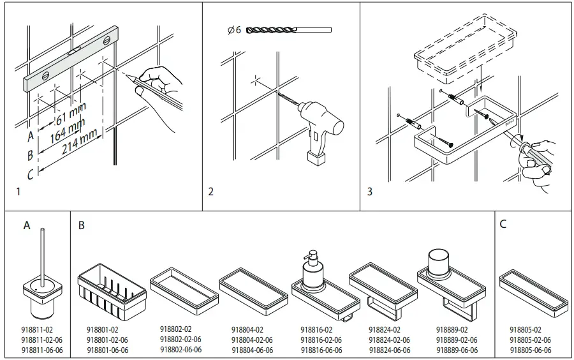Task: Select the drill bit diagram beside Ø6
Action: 288,30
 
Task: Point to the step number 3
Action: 370,191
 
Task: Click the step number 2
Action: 211,191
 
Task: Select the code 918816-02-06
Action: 321,340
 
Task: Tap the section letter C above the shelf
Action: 503,225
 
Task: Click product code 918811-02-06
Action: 42,340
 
